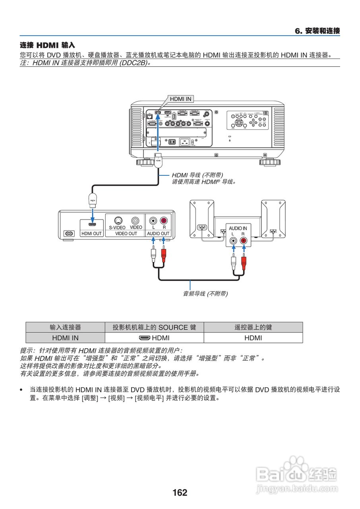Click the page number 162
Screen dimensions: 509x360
[180, 493]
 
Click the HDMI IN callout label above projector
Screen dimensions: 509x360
[180, 99]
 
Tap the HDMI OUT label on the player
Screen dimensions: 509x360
[91, 233]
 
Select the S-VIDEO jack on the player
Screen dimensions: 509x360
[118, 220]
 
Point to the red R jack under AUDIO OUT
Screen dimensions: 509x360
[163, 220]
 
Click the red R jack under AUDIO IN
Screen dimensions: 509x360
[243, 241]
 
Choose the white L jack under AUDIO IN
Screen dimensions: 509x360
[233, 241]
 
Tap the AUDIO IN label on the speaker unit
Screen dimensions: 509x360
[238, 228]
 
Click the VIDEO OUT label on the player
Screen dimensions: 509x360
[126, 233]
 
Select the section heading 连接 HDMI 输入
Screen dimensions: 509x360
[47, 45]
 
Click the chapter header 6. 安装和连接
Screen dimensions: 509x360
[317, 31]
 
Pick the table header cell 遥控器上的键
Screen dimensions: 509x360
[253, 327]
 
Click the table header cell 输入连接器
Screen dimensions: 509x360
[65, 327]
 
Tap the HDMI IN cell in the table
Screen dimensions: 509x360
[65, 338]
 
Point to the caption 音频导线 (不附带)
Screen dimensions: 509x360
[205, 294]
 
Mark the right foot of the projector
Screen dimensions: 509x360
[270, 162]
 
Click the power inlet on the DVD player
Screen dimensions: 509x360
[69, 233]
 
